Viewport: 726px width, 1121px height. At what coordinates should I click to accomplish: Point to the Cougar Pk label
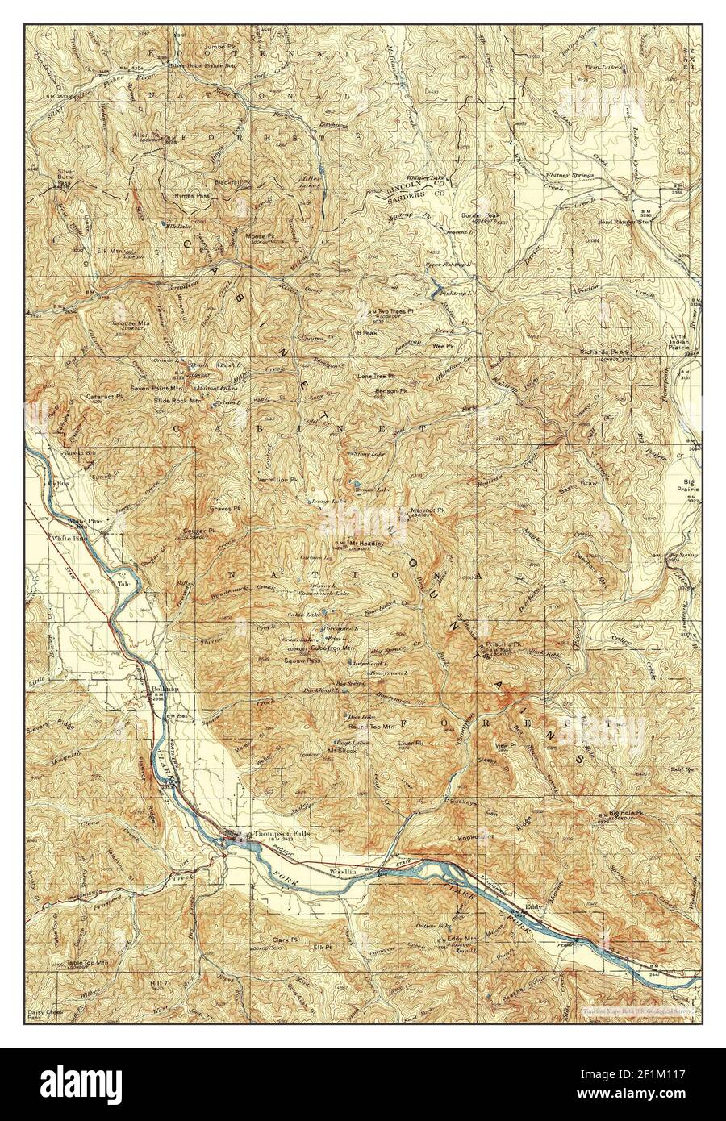click(x=201, y=531)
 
